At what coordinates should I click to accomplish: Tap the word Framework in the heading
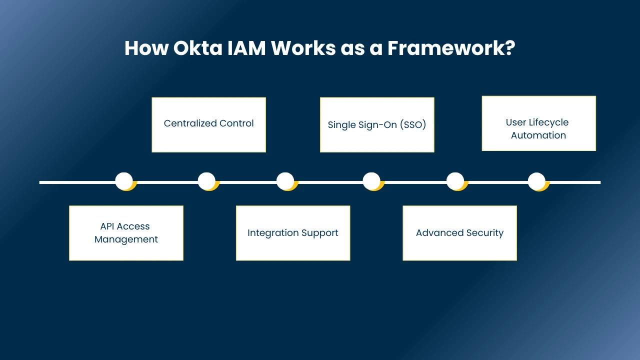pyautogui.click(x=450, y=48)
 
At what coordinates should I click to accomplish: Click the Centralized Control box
pyautogui.click(x=208, y=124)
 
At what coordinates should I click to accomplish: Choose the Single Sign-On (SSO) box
pyautogui.click(x=377, y=124)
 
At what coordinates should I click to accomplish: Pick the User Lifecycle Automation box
pyautogui.click(x=538, y=123)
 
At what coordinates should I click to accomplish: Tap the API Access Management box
pyautogui.click(x=126, y=233)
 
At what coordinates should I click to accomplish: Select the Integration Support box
pyautogui.click(x=293, y=233)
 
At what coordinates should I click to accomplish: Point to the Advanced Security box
pyautogui.click(x=459, y=233)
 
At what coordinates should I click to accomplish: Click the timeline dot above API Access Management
pyautogui.click(x=124, y=181)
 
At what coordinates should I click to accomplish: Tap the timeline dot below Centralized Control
pyautogui.click(x=206, y=181)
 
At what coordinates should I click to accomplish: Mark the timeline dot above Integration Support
pyautogui.click(x=285, y=181)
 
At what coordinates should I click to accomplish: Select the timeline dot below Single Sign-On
pyautogui.click(x=371, y=181)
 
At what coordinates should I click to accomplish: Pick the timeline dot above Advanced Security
pyautogui.click(x=455, y=181)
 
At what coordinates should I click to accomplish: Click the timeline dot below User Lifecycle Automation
pyautogui.click(x=536, y=181)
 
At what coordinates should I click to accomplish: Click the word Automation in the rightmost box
pyautogui.click(x=538, y=135)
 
